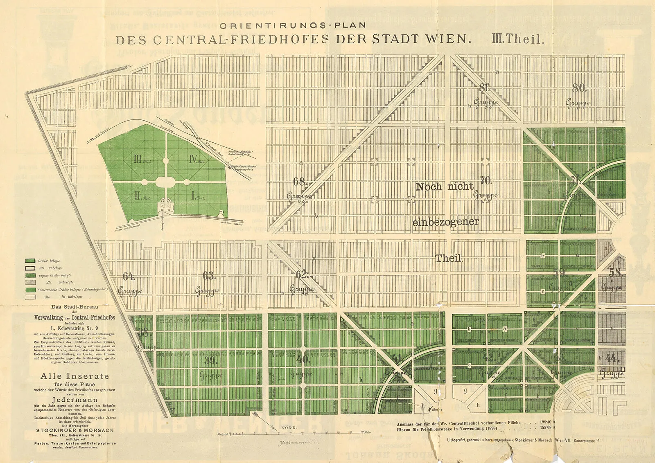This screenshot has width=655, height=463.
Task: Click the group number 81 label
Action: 484,88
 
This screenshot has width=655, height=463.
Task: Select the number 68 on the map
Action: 300,181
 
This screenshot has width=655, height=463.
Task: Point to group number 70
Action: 486,180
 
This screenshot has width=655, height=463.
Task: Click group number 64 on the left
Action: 129,276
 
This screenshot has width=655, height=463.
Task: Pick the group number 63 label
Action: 209,276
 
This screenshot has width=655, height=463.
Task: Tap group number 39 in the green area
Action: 210,361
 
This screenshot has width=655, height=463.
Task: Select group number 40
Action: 303,360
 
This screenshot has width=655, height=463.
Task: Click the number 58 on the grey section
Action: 615,272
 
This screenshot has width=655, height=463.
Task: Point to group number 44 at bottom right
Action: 612,359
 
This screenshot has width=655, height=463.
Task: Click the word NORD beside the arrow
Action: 289,428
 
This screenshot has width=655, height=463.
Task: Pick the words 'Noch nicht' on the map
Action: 445,187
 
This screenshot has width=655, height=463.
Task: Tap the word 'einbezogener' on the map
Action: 445,223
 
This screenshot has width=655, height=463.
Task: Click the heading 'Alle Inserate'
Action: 75,376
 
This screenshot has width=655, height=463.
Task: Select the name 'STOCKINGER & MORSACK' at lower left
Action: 75,430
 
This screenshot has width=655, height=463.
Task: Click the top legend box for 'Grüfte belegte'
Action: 30,261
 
